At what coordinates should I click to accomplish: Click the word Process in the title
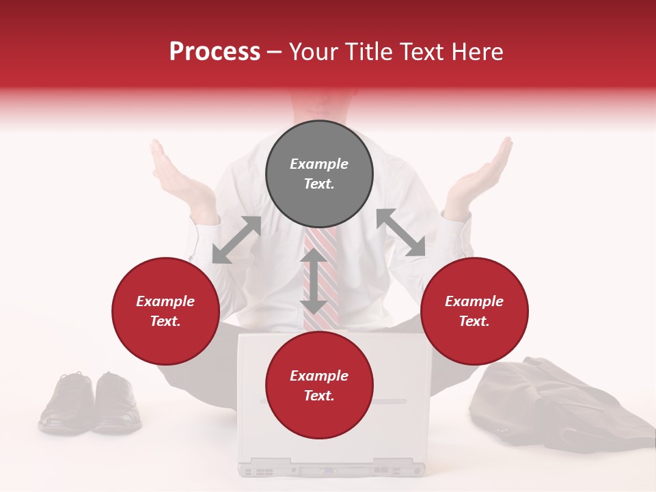point(215,52)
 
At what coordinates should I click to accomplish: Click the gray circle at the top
point(319,174)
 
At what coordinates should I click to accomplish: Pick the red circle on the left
point(165,311)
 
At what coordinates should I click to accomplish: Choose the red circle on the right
point(474,311)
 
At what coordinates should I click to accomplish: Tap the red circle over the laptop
point(319,385)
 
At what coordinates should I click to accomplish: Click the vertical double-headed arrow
point(314,281)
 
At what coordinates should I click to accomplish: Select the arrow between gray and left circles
point(236,240)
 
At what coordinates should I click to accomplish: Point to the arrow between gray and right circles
point(401,233)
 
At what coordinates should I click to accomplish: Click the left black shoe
point(66,403)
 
